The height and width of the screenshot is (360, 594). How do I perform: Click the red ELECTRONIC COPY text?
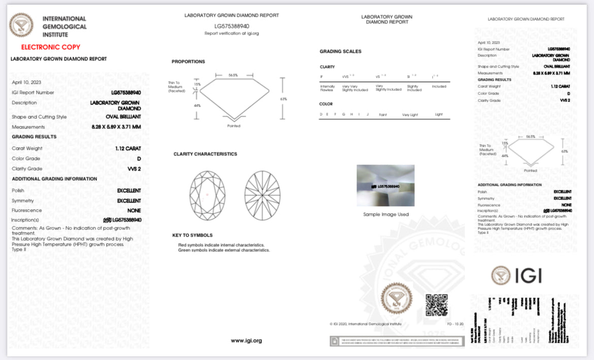(50, 47)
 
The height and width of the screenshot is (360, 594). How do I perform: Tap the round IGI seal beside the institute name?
(21, 25)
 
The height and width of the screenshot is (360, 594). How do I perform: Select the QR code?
(437, 305)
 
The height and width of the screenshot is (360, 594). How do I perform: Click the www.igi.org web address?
(246, 341)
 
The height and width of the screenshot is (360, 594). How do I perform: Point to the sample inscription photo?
(385, 185)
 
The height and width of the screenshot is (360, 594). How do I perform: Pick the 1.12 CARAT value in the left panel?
(128, 148)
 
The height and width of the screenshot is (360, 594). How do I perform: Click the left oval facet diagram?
(207, 195)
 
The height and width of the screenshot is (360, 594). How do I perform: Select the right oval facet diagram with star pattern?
(263, 195)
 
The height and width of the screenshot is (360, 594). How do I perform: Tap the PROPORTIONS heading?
(188, 61)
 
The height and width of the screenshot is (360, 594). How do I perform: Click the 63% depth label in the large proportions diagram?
(283, 99)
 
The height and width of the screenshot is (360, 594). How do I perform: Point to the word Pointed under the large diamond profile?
(234, 126)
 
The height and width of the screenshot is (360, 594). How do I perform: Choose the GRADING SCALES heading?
(340, 51)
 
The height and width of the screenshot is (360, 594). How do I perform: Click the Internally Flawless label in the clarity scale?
(327, 88)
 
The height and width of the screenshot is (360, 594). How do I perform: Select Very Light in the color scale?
(410, 115)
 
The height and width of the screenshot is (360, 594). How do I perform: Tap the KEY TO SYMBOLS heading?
(192, 235)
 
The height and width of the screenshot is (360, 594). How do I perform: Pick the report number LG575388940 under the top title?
(232, 25)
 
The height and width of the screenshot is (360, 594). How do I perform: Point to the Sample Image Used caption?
(386, 214)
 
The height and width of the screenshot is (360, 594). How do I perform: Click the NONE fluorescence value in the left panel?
(135, 210)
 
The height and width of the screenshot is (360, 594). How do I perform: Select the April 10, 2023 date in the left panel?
(26, 82)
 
